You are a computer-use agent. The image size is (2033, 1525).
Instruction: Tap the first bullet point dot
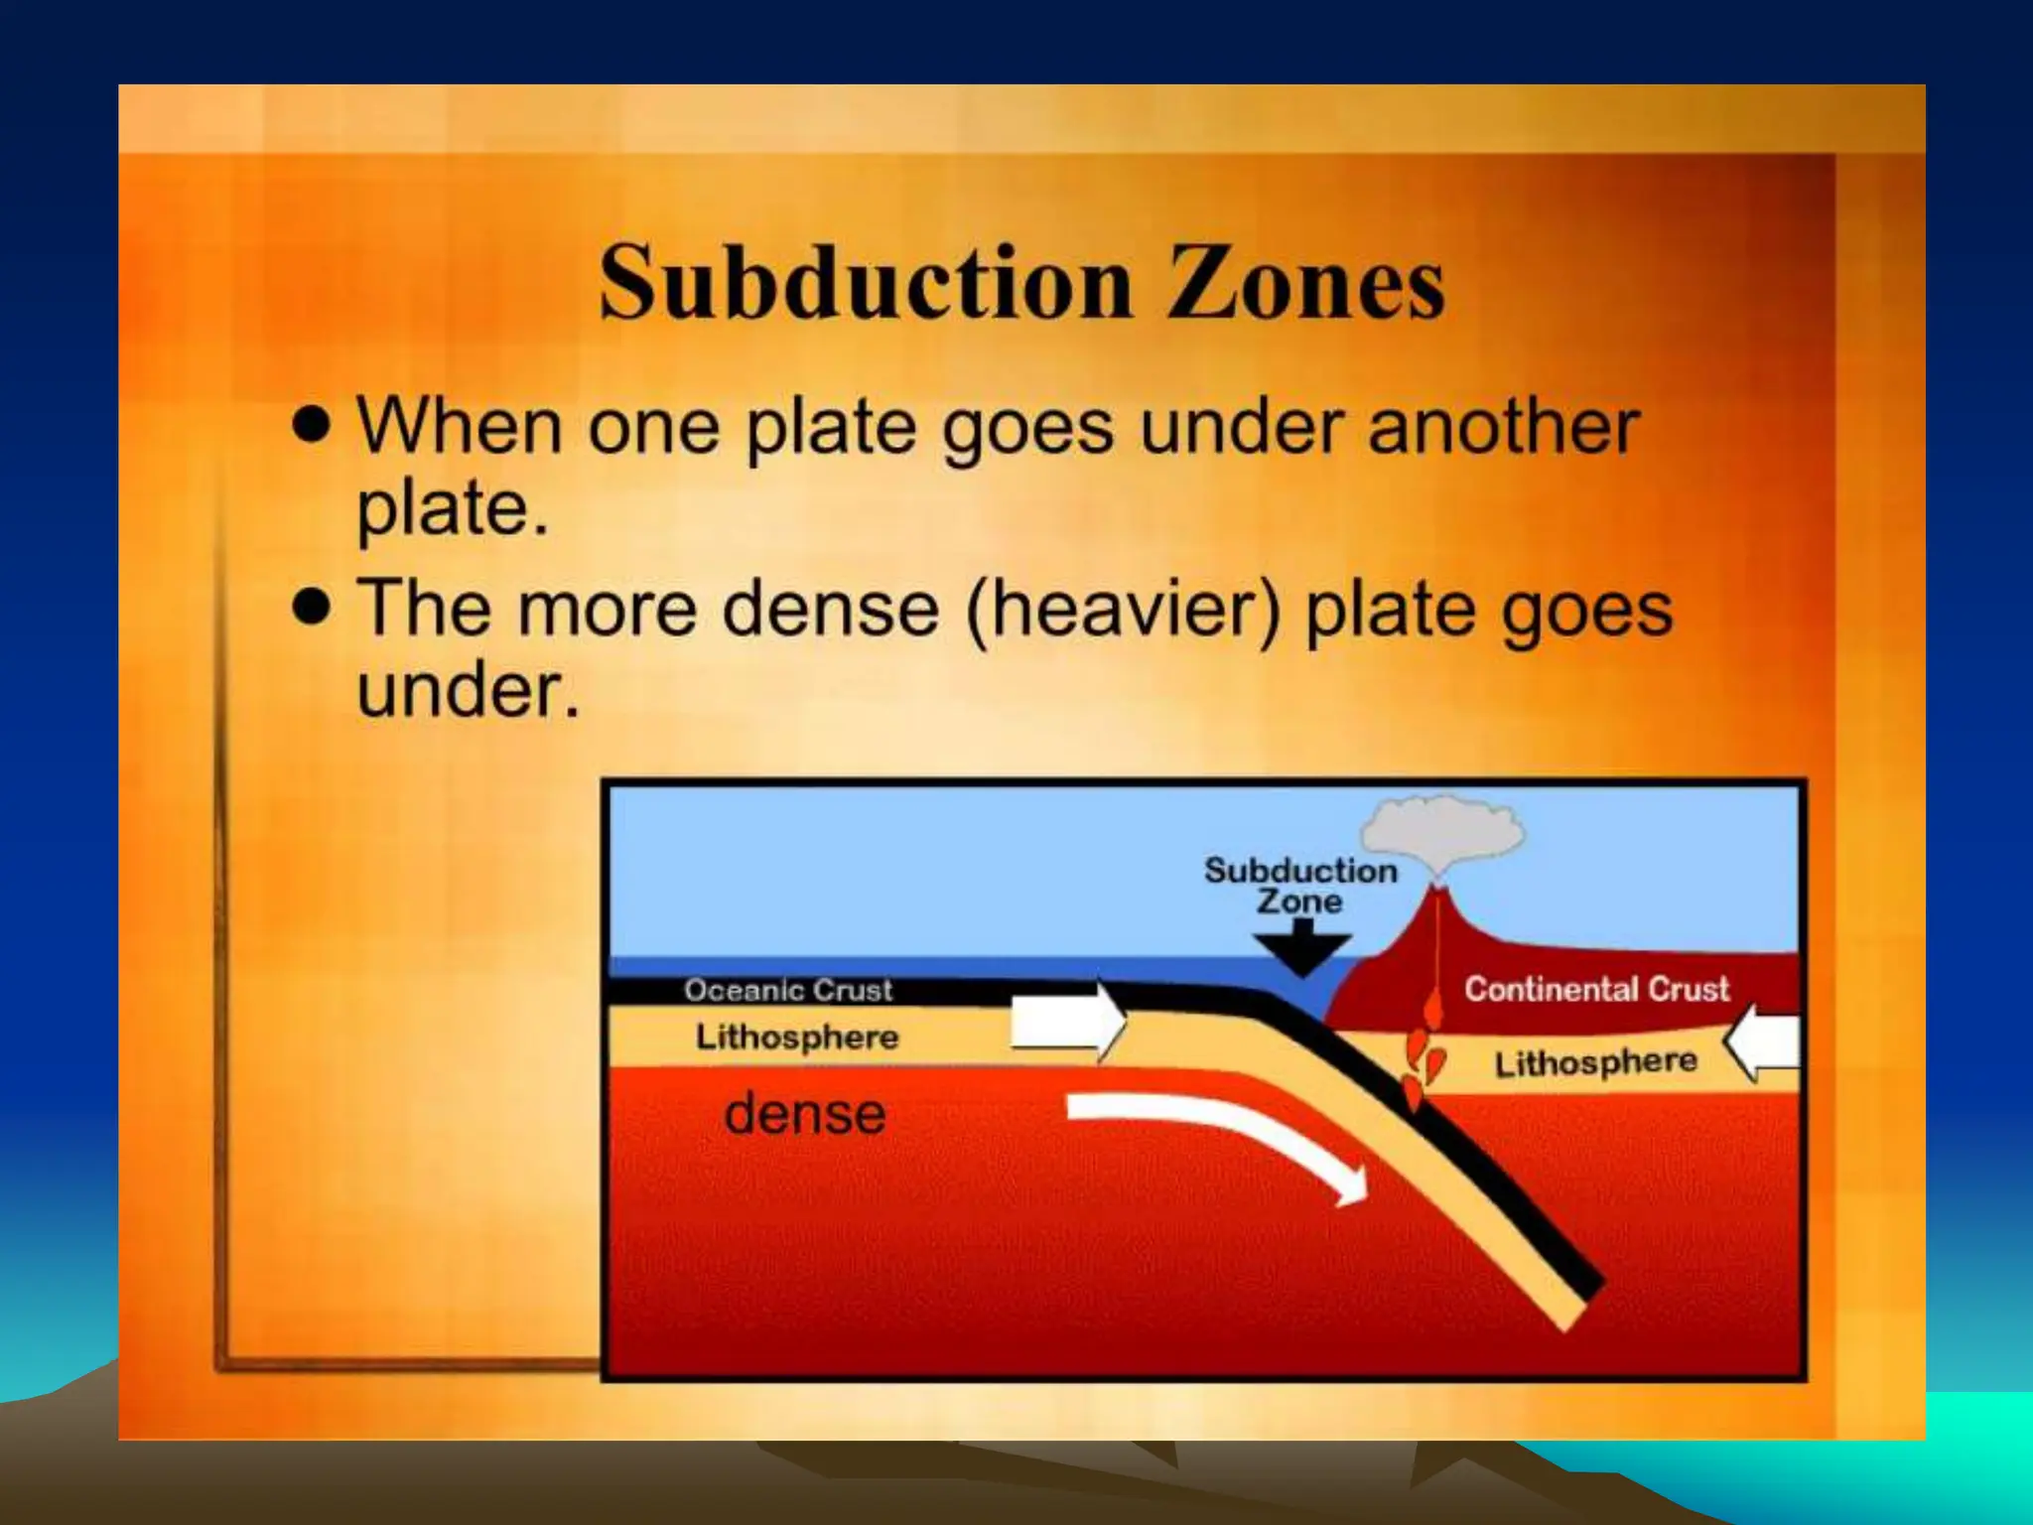[312, 425]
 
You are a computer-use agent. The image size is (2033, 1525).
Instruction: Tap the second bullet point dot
[312, 606]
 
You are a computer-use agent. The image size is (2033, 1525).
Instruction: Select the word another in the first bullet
[1503, 427]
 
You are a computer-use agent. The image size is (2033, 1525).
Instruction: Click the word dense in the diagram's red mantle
[804, 1114]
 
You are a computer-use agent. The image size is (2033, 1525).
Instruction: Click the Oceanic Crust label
[788, 990]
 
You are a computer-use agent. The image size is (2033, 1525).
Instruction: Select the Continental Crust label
[1596, 989]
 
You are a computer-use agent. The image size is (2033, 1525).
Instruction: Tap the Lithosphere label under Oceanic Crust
[797, 1038]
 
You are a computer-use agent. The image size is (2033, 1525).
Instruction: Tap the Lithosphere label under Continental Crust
[1596, 1063]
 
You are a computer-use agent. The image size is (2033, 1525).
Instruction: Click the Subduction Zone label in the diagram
[1300, 886]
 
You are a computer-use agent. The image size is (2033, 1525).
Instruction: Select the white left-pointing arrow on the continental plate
[1764, 1042]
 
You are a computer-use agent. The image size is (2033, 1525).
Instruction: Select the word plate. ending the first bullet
[452, 508]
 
